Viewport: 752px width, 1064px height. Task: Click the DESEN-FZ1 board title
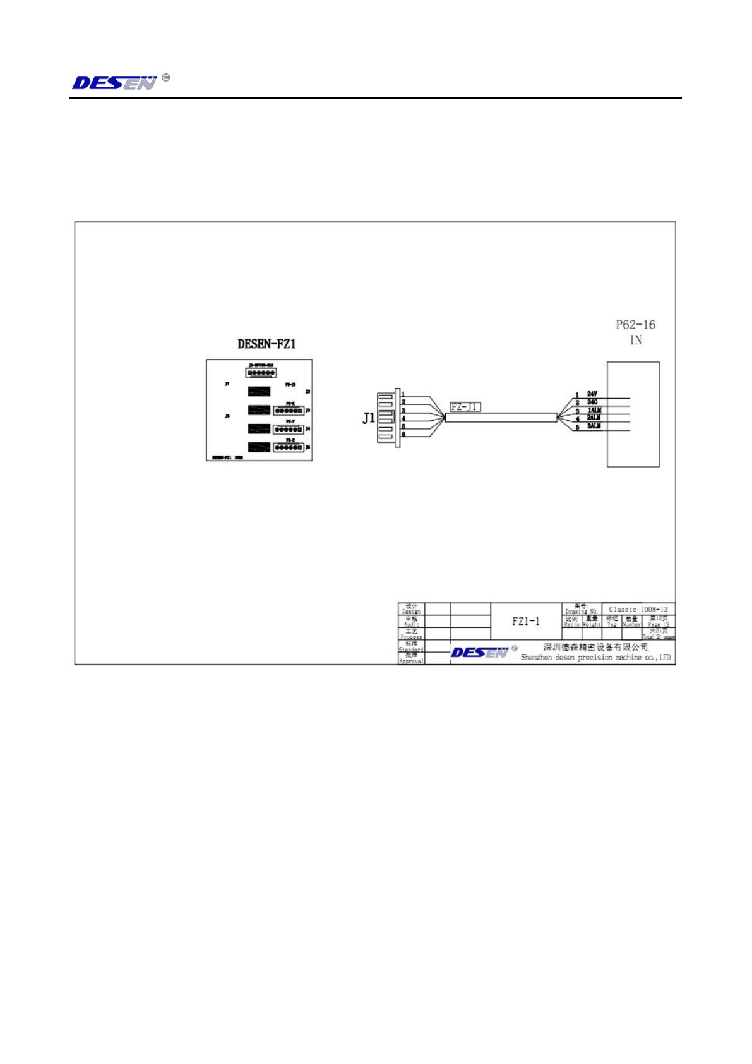click(x=266, y=344)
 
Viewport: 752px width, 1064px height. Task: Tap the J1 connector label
click(x=369, y=418)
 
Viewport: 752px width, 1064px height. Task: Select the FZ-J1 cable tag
click(x=465, y=407)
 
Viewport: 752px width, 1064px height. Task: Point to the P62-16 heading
click(x=635, y=325)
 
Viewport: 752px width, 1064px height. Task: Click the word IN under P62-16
click(x=635, y=341)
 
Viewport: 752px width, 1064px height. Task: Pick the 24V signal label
click(x=592, y=394)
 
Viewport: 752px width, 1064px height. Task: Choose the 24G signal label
click(x=592, y=402)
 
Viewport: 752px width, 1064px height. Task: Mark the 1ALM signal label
click(x=594, y=410)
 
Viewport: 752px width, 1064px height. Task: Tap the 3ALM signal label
click(x=594, y=426)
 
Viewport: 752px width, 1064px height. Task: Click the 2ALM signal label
click(x=594, y=418)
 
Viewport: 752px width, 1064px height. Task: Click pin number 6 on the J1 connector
click(x=403, y=434)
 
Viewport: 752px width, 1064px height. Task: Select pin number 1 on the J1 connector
click(x=403, y=394)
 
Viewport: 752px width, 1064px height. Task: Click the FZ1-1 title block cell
click(x=526, y=621)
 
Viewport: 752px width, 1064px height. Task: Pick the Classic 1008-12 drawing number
click(x=638, y=610)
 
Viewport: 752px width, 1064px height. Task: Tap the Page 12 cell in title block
click(x=659, y=622)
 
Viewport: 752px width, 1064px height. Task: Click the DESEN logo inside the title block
click(x=480, y=653)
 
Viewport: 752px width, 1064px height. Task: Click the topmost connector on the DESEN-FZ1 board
click(x=261, y=373)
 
